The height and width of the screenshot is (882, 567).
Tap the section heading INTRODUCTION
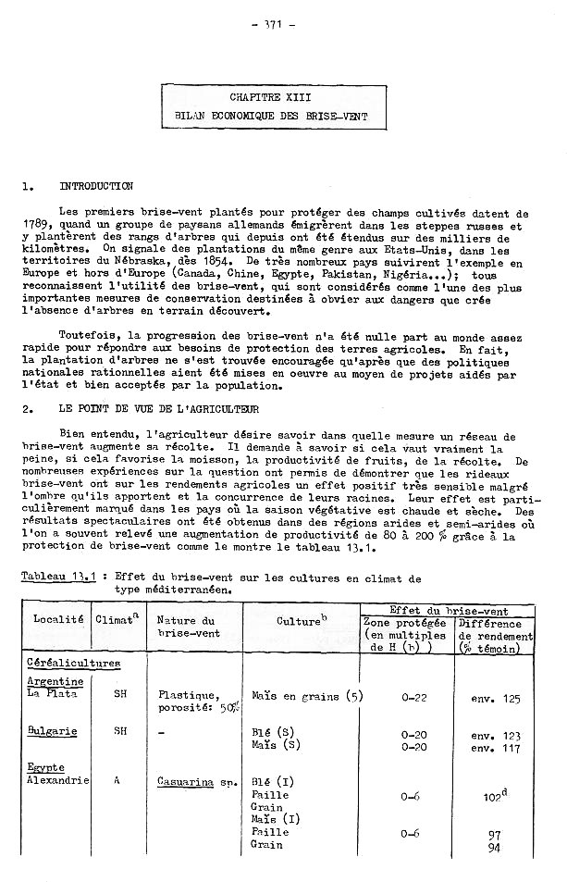pyautogui.click(x=96, y=186)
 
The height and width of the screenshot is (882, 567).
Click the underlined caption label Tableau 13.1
pyautogui.click(x=59, y=577)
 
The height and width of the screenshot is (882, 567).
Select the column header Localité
pyautogui.click(x=58, y=619)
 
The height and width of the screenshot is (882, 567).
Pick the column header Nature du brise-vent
pyautogui.click(x=186, y=627)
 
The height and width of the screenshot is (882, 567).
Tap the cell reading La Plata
pyautogui.click(x=52, y=692)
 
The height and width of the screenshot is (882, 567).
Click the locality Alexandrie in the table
pyautogui.click(x=57, y=780)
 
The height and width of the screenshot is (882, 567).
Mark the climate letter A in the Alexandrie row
pyautogui.click(x=117, y=780)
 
